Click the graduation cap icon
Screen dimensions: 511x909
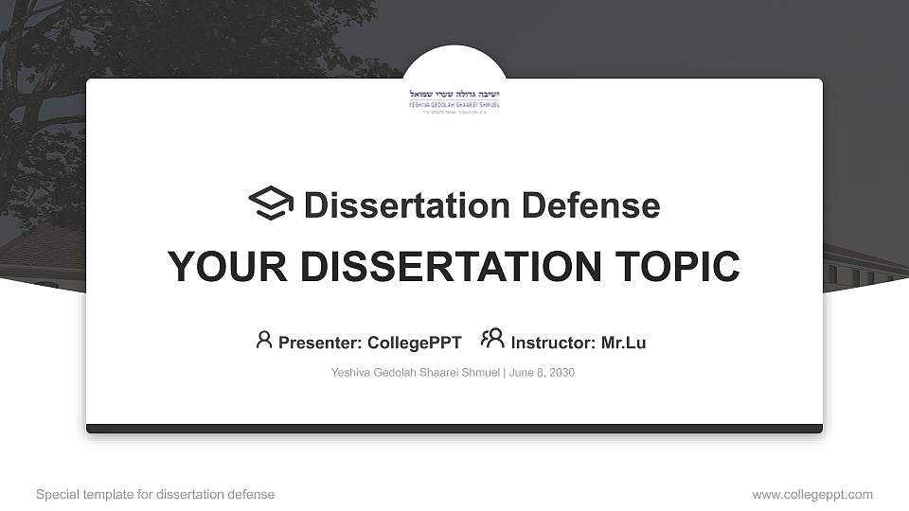click(x=271, y=203)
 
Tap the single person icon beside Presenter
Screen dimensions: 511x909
click(x=264, y=340)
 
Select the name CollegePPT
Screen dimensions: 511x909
click(x=414, y=343)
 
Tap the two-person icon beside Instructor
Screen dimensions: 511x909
click(x=492, y=339)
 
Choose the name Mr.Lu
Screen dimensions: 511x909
click(x=623, y=343)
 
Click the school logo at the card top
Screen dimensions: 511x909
click(x=454, y=99)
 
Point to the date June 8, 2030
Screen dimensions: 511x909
click(x=542, y=373)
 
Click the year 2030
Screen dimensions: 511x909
click(x=561, y=373)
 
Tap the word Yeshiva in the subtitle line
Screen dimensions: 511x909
click(x=351, y=373)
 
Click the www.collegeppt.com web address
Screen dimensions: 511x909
click(x=812, y=494)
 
